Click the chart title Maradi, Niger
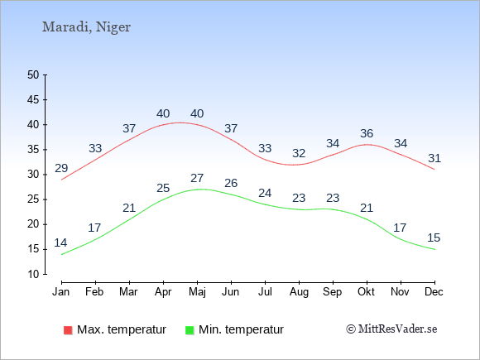(x=86, y=27)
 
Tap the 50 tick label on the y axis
(x=33, y=74)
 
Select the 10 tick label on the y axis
(x=33, y=274)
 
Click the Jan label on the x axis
(x=61, y=292)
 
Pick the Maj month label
(x=198, y=292)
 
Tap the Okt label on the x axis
(x=366, y=292)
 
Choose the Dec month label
(x=434, y=292)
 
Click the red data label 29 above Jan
(x=61, y=168)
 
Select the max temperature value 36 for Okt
(x=367, y=133)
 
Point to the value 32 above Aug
(x=299, y=153)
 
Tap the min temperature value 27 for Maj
(x=197, y=178)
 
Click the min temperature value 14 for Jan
(x=60, y=242)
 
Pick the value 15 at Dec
(x=434, y=238)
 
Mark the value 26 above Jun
(x=231, y=183)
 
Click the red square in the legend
(x=68, y=330)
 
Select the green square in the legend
(x=190, y=330)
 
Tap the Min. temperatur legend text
(x=241, y=329)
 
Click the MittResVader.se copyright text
(x=391, y=329)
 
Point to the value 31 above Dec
(x=434, y=158)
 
